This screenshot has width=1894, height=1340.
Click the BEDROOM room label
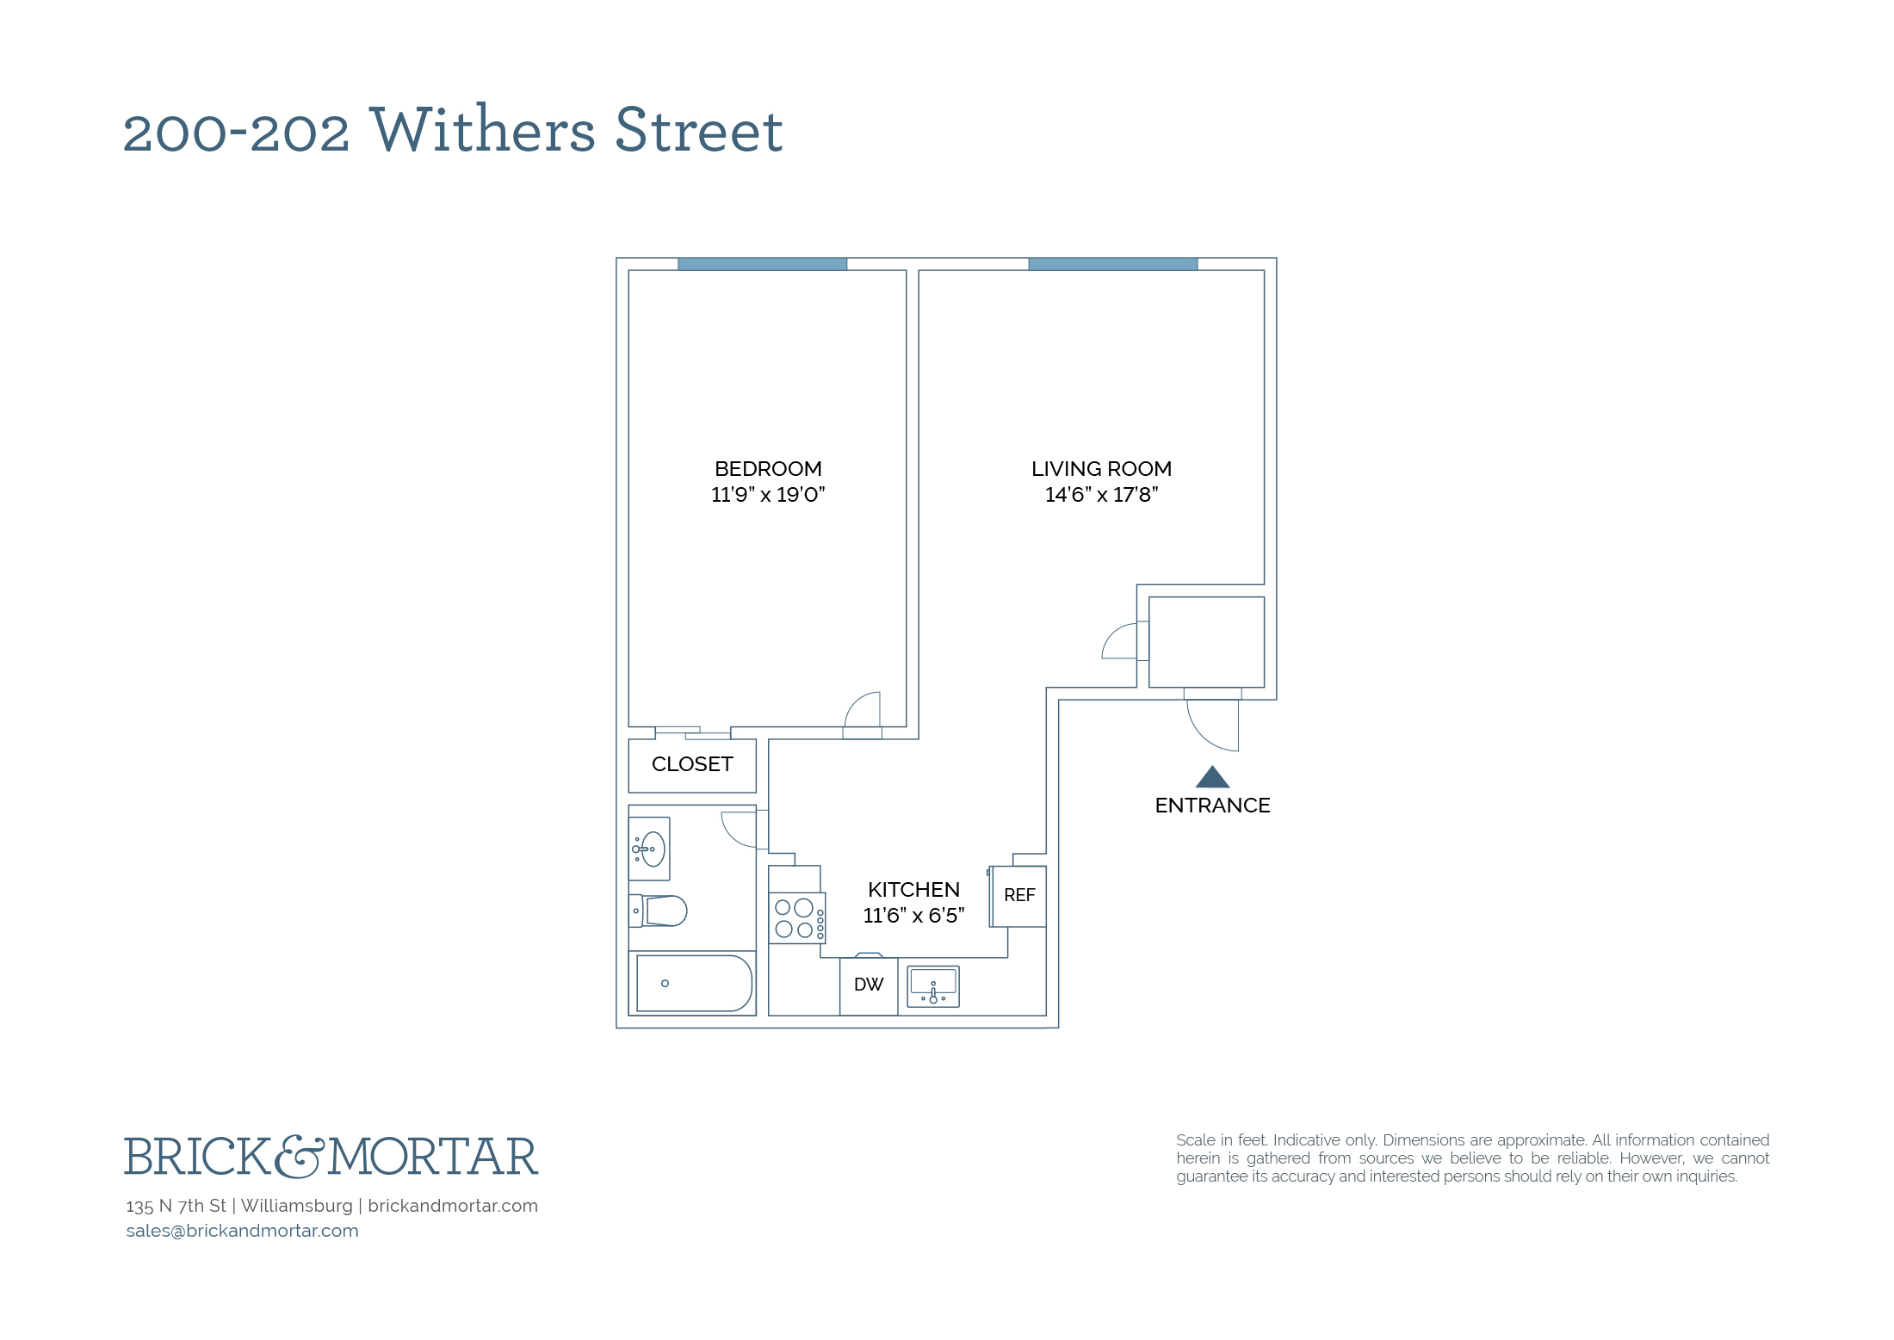pyautogui.click(x=768, y=469)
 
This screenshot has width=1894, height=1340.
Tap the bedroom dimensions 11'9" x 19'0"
pyautogui.click(x=768, y=495)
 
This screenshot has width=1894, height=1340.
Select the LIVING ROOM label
pyautogui.click(x=1101, y=469)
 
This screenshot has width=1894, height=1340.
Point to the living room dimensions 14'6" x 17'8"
pyautogui.click(x=1101, y=495)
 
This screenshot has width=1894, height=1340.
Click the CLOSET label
pyautogui.click(x=692, y=764)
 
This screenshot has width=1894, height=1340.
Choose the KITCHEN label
pyautogui.click(x=913, y=890)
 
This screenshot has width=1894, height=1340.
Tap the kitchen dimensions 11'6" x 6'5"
pyautogui.click(x=913, y=916)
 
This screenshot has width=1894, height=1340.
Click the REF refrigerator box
pyautogui.click(x=1018, y=896)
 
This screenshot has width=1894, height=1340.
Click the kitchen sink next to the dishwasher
pyautogui.click(x=933, y=986)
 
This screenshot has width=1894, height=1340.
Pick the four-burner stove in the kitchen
pyautogui.click(x=797, y=918)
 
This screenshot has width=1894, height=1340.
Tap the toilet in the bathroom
pyautogui.click(x=658, y=911)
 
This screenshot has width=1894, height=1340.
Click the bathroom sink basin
pyautogui.click(x=649, y=849)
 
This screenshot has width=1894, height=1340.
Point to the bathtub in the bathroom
pyautogui.click(x=694, y=983)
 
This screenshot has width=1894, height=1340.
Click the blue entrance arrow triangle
pyautogui.click(x=1212, y=777)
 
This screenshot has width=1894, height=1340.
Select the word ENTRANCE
pyautogui.click(x=1212, y=806)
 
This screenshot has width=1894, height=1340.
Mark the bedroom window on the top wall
pyautogui.click(x=762, y=264)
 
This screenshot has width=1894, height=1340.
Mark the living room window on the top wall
pyautogui.click(x=1113, y=264)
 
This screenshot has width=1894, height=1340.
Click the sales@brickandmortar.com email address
pyautogui.click(x=243, y=1231)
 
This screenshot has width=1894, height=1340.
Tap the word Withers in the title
pyautogui.click(x=482, y=130)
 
